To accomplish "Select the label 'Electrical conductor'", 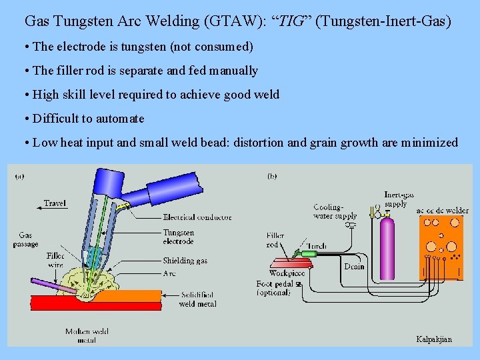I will click(x=197, y=217).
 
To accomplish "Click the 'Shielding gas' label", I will click(x=185, y=261).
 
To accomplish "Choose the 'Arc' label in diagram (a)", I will click(x=169, y=273).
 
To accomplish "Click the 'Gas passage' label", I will click(x=26, y=239).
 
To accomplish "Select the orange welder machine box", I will click(x=442, y=244).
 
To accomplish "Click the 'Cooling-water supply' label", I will click(x=335, y=211).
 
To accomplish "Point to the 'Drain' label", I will click(x=354, y=266).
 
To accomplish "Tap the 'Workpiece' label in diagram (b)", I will click(x=287, y=273).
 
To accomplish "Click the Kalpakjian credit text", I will click(x=433, y=339).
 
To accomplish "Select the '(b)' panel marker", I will click(x=272, y=176).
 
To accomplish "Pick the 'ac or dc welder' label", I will click(x=442, y=211).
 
